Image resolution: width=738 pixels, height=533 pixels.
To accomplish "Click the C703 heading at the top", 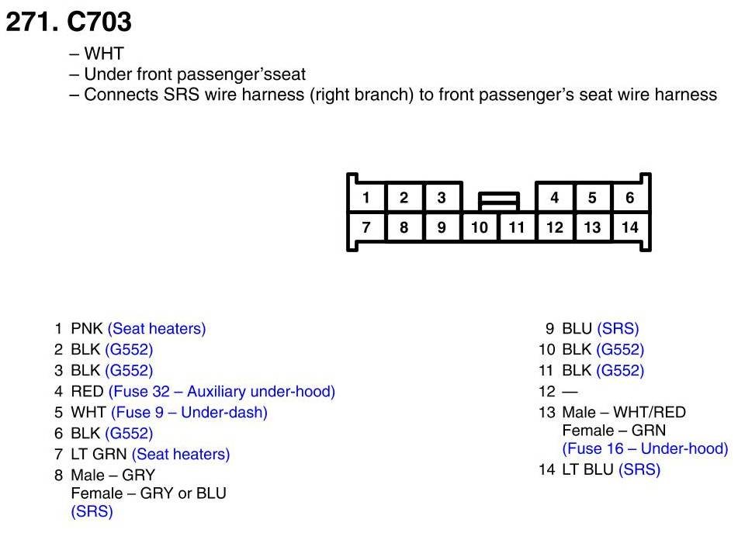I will pos(68,22).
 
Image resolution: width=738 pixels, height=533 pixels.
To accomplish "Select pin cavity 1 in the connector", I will pos(366,197).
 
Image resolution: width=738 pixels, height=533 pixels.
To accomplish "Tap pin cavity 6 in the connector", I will pos(629,197).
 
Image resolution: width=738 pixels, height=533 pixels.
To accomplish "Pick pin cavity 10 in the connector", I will pos(480,227).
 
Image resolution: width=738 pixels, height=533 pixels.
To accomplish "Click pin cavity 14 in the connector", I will pos(629,227).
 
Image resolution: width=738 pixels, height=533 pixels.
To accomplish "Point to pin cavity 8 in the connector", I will pos(404,227).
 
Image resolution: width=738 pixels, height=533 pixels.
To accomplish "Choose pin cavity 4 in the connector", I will pos(554,197).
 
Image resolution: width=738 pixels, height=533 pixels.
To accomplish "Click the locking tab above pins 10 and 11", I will pos(498,202).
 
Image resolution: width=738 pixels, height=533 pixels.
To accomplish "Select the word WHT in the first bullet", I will pos(104,54).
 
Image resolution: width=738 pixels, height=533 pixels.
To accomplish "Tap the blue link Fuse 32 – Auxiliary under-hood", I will pos(222,391).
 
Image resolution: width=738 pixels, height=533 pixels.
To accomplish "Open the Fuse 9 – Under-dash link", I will pos(189,412).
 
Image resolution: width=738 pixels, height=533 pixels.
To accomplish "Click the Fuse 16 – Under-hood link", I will pos(645,448).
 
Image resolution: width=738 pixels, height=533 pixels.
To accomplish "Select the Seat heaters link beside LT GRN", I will pos(181,454).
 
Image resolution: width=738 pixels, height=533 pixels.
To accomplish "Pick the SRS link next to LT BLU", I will pos(639,469).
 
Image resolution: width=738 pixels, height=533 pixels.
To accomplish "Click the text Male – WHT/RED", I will pos(624,412).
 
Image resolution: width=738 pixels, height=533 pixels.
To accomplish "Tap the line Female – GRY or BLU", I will pos(148,493).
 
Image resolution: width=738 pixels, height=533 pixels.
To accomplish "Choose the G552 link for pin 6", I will pos(129,433).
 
